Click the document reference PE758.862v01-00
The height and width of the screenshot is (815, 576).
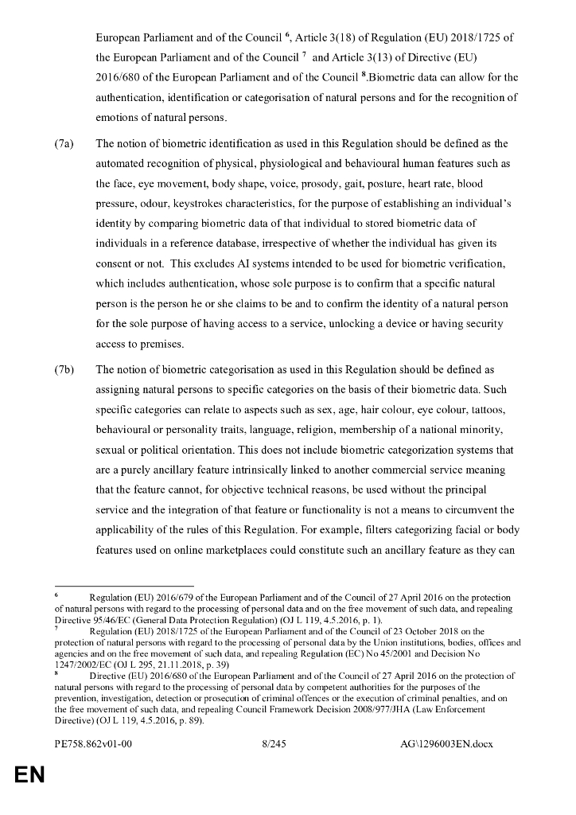92,743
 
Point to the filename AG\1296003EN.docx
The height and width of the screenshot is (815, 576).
446,743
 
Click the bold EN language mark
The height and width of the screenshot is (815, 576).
26,774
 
